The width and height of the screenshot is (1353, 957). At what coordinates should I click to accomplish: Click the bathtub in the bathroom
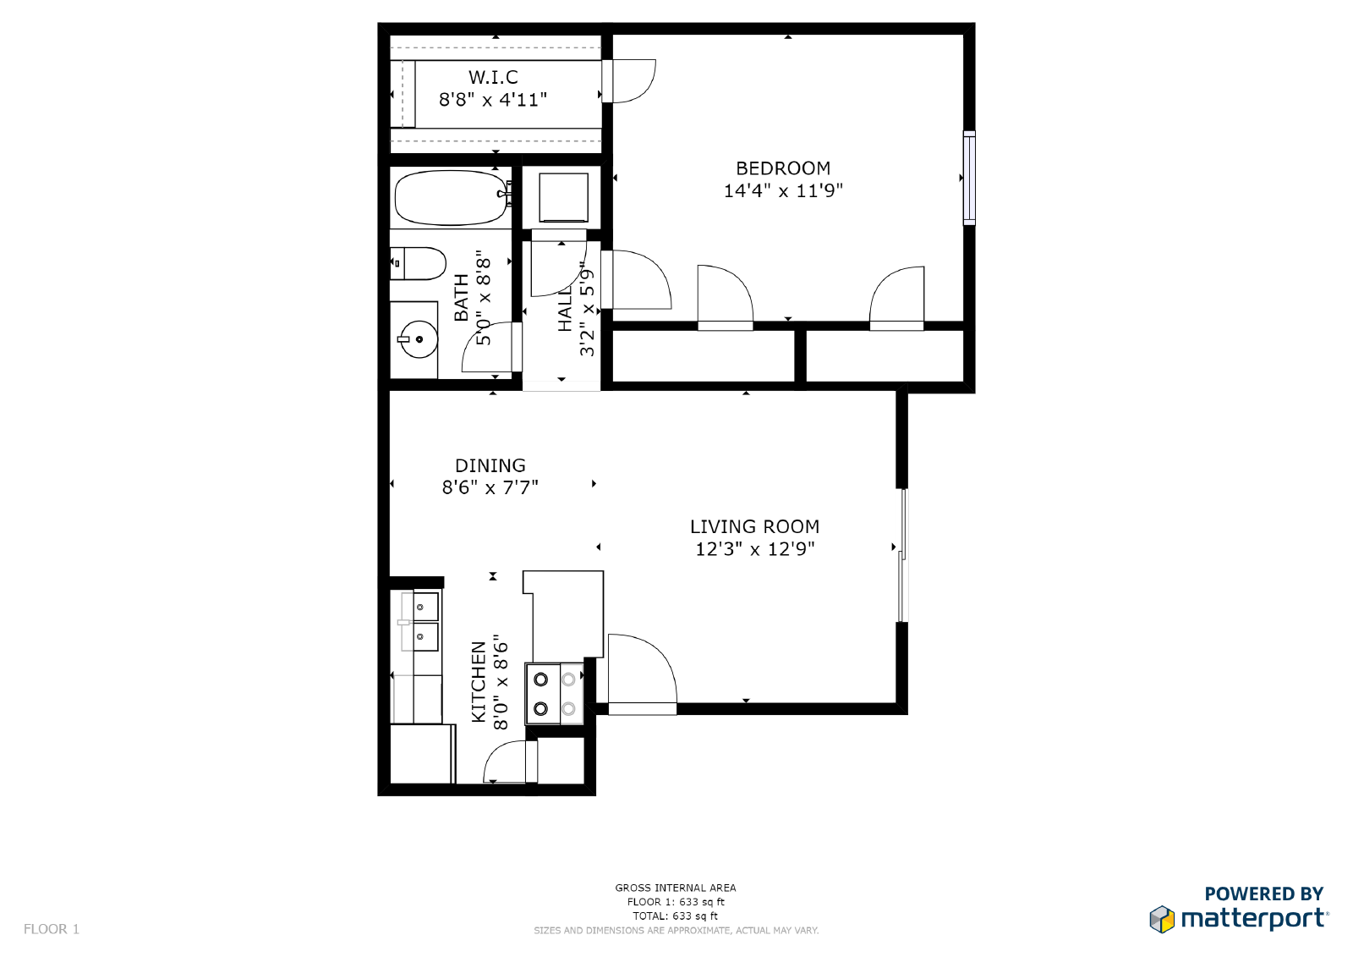(451, 198)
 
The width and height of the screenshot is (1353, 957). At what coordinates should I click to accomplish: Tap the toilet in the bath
(418, 263)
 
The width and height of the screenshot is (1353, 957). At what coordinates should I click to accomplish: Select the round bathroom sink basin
(419, 339)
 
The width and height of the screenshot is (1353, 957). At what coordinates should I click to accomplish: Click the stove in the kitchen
(555, 693)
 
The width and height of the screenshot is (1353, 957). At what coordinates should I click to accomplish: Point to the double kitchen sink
(420, 621)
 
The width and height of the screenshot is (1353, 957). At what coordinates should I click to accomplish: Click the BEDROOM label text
(783, 168)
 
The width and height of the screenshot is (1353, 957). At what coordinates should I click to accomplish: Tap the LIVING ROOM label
(754, 526)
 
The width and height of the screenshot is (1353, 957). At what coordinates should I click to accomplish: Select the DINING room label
(490, 465)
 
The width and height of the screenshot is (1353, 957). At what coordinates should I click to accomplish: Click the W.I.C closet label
(493, 77)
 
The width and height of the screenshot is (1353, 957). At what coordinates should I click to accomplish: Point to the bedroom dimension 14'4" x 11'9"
(783, 191)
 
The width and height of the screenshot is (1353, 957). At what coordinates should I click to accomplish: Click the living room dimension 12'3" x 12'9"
(754, 549)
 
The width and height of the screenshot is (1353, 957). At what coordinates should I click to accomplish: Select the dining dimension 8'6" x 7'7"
(490, 487)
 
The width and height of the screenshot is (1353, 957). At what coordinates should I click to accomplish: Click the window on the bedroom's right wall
(969, 178)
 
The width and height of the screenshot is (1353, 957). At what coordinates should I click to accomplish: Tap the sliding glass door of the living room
(902, 555)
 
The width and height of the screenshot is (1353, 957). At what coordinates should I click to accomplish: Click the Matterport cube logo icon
(1162, 919)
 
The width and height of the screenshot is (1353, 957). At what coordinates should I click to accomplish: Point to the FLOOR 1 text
(52, 929)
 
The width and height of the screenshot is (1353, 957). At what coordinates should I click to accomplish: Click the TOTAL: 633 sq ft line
(676, 916)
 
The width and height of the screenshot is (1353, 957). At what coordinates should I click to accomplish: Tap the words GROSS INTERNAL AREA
(676, 888)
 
